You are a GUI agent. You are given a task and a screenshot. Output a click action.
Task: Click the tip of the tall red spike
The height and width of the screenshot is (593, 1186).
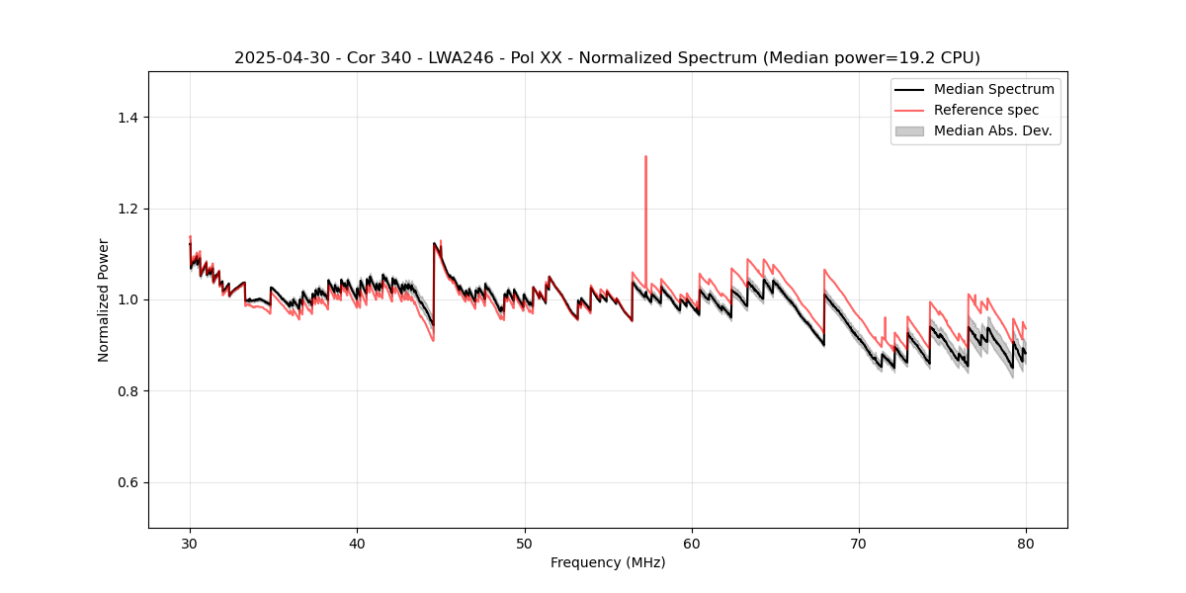pos(645,156)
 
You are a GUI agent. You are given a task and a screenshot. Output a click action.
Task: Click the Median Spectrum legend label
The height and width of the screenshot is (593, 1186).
pos(993,89)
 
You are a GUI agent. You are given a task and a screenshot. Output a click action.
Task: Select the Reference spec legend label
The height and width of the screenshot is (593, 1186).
pos(985,110)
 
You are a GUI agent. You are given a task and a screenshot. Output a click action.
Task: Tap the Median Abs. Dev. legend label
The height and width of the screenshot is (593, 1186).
pos(992,130)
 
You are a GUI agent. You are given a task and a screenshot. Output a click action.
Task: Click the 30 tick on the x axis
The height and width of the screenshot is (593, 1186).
pos(190,544)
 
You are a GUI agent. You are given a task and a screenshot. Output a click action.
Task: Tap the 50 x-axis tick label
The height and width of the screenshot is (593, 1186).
pos(524,544)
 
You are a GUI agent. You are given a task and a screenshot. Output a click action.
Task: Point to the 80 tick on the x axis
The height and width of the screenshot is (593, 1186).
pos(1026,544)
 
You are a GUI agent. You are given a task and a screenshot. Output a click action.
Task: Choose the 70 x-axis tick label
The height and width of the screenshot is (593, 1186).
pos(859,544)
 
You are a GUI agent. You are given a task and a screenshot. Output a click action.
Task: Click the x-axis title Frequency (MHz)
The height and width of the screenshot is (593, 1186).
pos(608,562)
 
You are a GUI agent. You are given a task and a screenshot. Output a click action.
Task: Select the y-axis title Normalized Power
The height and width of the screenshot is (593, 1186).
pos(104,299)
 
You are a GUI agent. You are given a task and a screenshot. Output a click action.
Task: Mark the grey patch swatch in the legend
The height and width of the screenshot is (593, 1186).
pos(909,130)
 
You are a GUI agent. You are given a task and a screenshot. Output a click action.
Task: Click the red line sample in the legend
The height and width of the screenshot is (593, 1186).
pos(909,110)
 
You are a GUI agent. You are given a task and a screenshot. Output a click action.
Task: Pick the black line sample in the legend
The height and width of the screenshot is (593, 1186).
pos(909,89)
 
